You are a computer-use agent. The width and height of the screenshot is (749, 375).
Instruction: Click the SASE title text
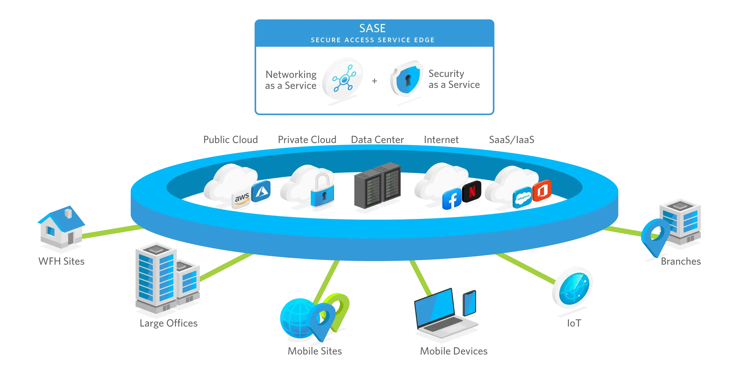click(x=373, y=28)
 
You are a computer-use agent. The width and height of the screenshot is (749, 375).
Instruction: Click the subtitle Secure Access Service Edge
click(x=373, y=40)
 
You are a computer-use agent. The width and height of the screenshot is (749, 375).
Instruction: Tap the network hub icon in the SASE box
click(x=343, y=78)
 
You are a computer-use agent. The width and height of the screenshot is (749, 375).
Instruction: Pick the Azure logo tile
click(x=261, y=191)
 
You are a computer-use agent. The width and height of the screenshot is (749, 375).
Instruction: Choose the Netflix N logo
click(x=472, y=191)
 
